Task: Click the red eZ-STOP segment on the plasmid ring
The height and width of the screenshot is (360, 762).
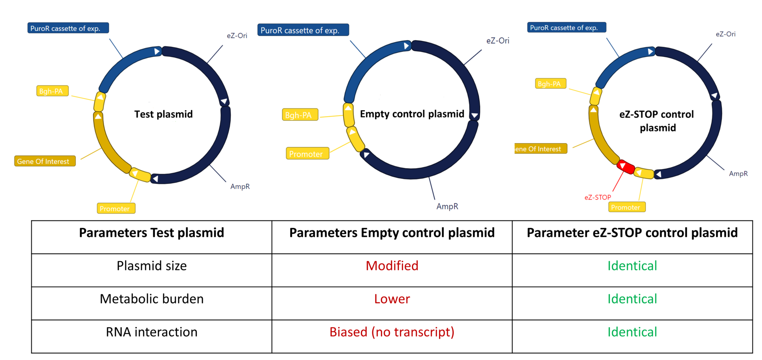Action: (626, 166)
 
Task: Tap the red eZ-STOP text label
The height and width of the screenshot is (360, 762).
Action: (598, 197)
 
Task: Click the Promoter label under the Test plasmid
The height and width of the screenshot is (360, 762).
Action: (116, 208)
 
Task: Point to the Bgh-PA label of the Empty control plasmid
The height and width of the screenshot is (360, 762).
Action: (300, 115)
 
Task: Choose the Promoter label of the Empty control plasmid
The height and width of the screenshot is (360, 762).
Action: (307, 154)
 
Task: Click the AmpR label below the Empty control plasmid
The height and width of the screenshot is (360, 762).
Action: (447, 206)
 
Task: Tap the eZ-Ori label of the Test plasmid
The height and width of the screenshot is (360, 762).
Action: (237, 36)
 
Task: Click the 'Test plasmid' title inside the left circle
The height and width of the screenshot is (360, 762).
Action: (163, 114)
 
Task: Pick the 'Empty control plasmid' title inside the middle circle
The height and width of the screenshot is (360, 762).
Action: (412, 114)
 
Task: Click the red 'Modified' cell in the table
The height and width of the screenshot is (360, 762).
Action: (392, 266)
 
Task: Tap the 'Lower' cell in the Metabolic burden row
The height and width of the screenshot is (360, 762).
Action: (392, 299)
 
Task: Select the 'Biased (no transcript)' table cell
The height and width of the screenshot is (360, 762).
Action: (392, 332)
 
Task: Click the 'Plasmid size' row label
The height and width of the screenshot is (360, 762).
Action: (151, 266)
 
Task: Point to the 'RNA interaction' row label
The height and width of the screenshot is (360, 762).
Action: (151, 332)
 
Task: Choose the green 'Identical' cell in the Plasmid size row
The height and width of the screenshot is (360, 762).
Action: (632, 266)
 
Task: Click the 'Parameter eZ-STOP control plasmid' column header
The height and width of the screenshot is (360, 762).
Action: (632, 233)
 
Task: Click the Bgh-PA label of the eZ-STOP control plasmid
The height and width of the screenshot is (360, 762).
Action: (550, 84)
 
